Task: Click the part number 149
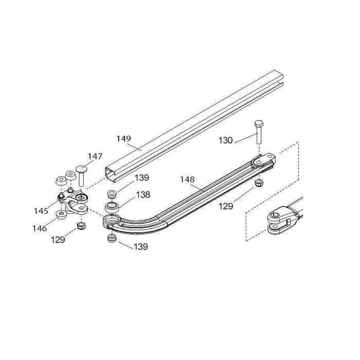pos(123,138)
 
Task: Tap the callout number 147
pos(95,156)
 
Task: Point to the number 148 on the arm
pos(188,179)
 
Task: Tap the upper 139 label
pos(142,178)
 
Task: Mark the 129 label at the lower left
pos(58,240)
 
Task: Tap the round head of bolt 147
pos(82,168)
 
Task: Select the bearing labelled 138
pos(112,208)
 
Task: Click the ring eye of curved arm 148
pos(111,222)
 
